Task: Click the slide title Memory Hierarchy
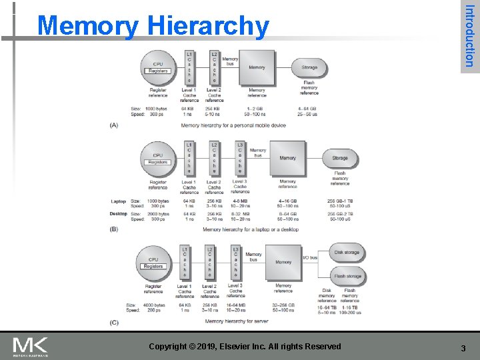coord(153,26)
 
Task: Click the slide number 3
coord(463,347)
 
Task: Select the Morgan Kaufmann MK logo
coord(31,347)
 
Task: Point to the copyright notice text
coord(245,347)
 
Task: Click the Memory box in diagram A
coord(257,67)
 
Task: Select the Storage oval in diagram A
coord(309,67)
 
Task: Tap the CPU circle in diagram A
coord(158,67)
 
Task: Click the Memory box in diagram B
coord(287,159)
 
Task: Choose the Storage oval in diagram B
coord(340,159)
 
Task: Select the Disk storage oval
coord(347,253)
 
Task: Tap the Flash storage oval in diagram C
coord(347,276)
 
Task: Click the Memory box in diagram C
coord(283,262)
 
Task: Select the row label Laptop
coord(118,201)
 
